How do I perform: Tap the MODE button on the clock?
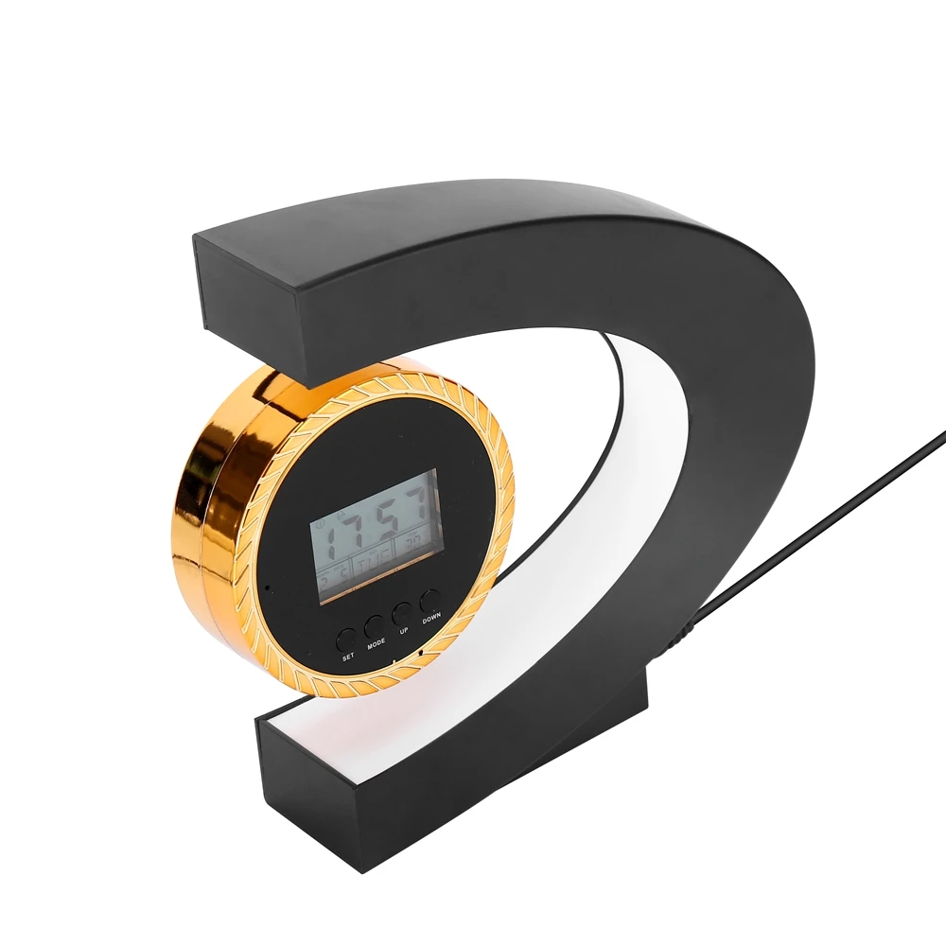point(375,624)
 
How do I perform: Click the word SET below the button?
point(347,657)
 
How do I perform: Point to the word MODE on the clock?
point(377,644)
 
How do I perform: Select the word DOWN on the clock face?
point(432,618)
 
